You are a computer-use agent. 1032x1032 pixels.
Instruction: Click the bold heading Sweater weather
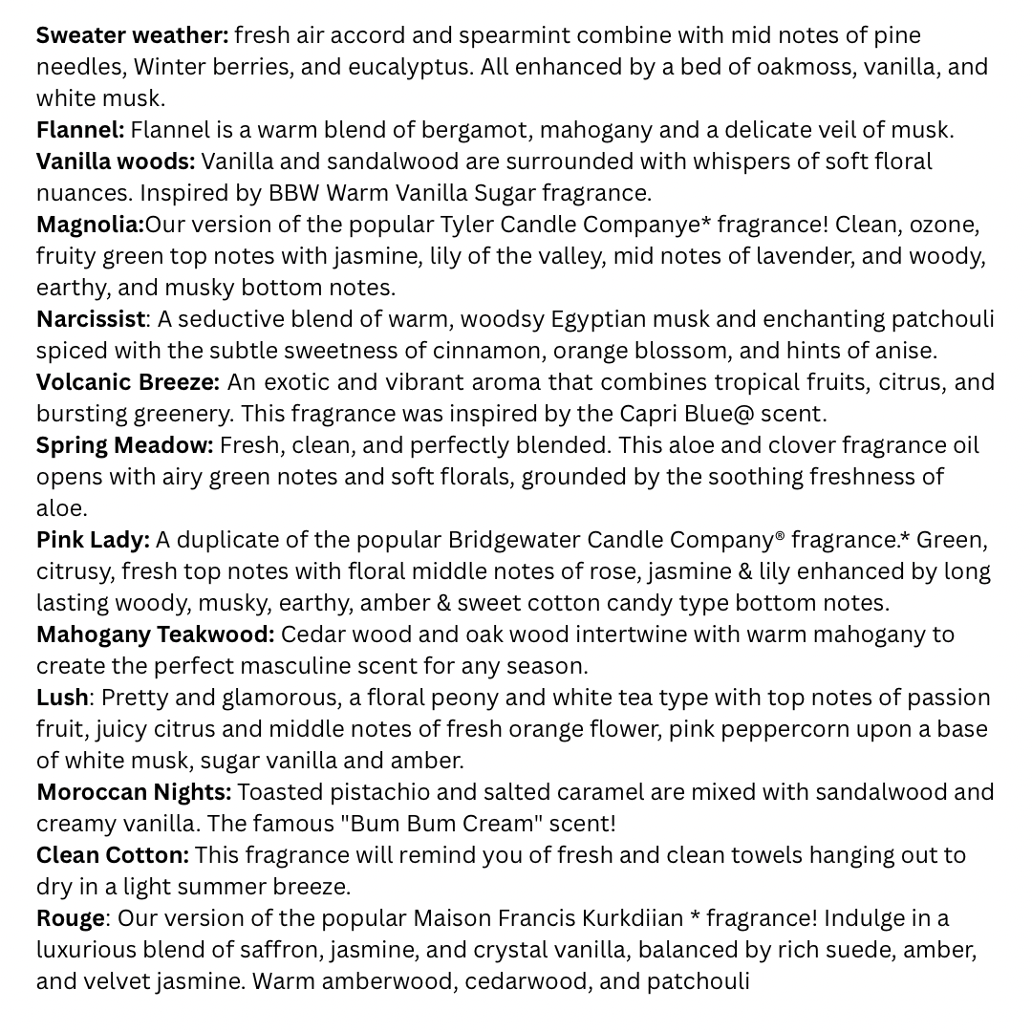(132, 35)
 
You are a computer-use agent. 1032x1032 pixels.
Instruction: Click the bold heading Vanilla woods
(115, 161)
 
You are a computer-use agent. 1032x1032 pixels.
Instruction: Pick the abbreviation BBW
(293, 193)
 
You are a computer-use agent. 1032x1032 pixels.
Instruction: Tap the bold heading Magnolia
(89, 225)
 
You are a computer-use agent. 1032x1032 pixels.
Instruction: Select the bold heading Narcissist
(91, 318)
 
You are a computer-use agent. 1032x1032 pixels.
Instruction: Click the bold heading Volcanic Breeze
(127, 381)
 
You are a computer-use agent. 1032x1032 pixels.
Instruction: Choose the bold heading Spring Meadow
(124, 444)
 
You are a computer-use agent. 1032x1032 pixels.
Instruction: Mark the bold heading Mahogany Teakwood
(155, 634)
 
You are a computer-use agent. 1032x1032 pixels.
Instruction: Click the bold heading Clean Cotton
(112, 854)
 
